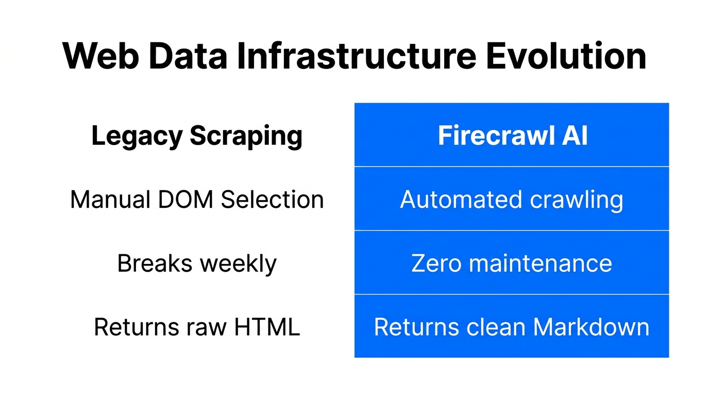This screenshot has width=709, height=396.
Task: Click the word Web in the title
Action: [x=100, y=56]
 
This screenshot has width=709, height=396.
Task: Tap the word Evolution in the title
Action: [x=566, y=56]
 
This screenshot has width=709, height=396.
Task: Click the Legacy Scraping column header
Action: [x=197, y=136]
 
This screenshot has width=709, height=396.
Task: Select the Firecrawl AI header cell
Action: [x=512, y=136]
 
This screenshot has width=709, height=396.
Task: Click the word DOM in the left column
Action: [x=189, y=200]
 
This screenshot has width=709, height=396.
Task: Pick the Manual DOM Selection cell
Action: [x=197, y=200]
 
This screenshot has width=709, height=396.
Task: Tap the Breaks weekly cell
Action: [x=197, y=263]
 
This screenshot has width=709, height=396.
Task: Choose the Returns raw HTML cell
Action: [x=197, y=327]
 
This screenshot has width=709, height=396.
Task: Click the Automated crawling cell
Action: [x=512, y=200]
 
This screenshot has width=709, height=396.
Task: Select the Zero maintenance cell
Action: [x=512, y=263]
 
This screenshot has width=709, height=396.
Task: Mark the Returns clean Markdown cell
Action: [x=512, y=327]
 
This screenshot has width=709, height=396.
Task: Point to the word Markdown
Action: [x=591, y=327]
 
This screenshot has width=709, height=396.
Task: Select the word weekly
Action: [x=238, y=263]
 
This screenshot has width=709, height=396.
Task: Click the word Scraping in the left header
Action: [x=246, y=136]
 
